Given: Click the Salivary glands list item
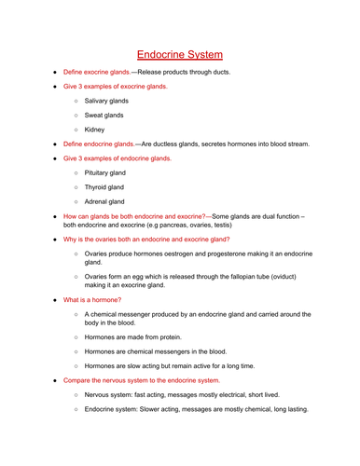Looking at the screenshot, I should [106, 100].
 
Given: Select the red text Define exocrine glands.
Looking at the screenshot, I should [97, 72].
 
